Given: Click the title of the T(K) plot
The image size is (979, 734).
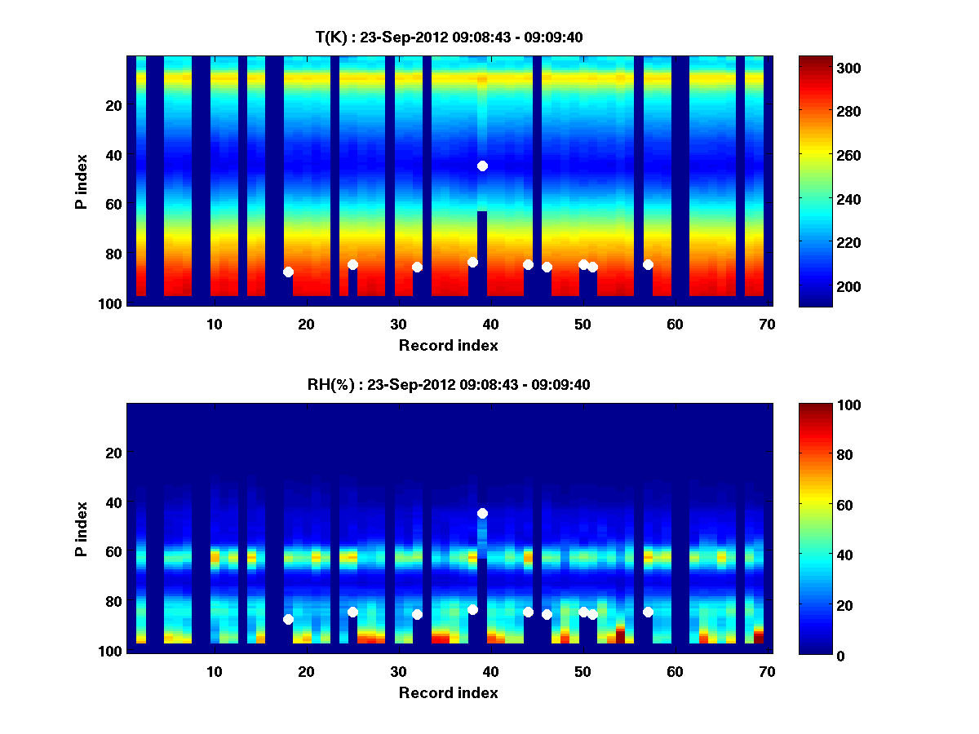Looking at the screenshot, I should [449, 37].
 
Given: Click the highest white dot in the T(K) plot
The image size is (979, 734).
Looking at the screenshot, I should [482, 166].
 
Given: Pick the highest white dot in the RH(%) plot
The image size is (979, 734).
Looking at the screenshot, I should [482, 513].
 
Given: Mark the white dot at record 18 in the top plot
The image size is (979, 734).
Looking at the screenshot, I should [288, 272].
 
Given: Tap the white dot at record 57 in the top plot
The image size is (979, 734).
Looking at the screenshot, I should [648, 264].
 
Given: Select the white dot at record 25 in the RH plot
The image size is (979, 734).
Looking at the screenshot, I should [352, 612].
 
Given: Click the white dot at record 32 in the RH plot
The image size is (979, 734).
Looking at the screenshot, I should [417, 614].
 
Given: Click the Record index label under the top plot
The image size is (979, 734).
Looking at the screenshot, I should [448, 345].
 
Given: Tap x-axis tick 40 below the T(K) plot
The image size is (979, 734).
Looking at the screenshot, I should [490, 324].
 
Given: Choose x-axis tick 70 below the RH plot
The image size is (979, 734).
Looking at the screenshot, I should [766, 671].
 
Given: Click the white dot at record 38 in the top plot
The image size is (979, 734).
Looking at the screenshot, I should [472, 262].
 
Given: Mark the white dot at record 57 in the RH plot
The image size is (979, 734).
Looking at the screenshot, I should [648, 612].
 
